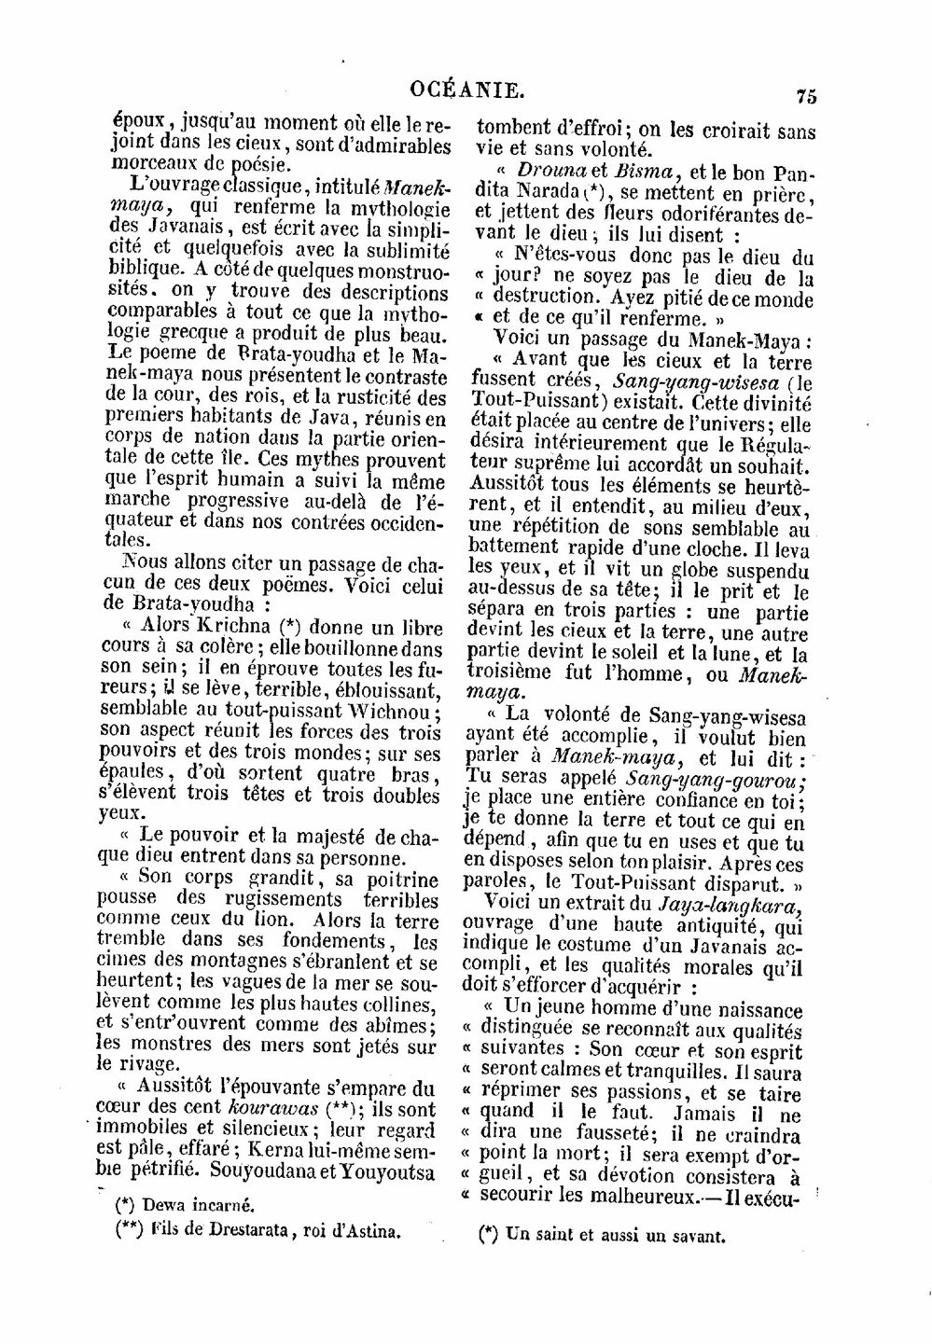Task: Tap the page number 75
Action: coord(806,95)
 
